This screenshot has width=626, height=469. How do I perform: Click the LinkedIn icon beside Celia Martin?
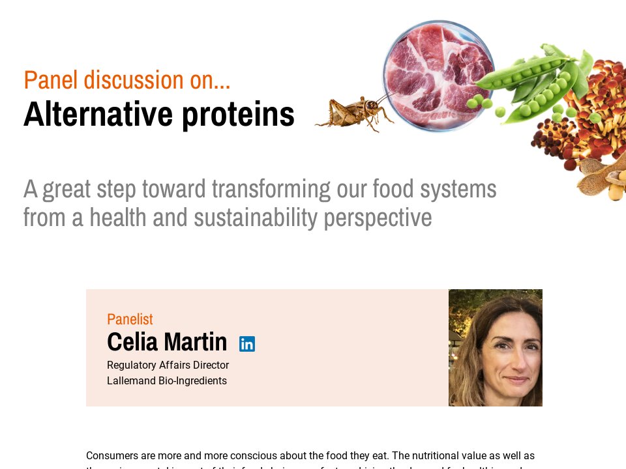pyautogui.click(x=247, y=344)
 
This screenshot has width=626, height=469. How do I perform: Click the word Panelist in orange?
pyautogui.click(x=130, y=319)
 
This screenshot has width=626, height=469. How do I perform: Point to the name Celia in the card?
pyautogui.click(x=132, y=342)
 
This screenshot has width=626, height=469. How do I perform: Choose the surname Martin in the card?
pyautogui.click(x=195, y=342)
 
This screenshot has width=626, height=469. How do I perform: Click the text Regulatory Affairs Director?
pyautogui.click(x=168, y=365)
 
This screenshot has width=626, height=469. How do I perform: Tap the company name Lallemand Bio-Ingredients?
pyautogui.click(x=167, y=381)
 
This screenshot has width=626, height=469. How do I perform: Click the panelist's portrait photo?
pyautogui.click(x=496, y=348)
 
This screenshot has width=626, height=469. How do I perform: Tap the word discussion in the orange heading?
pyautogui.click(x=134, y=80)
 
